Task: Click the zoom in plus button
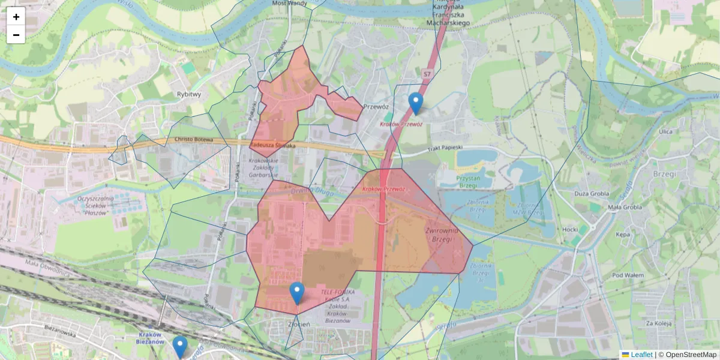pos(16,17)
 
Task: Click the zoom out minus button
pos(16,35)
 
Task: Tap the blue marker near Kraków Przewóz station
pos(415,103)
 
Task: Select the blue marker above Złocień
pos(296,293)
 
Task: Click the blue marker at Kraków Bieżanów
pos(180,347)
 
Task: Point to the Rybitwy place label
pos(189,94)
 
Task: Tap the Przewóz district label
pos(377,107)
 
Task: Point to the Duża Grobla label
pos(592,194)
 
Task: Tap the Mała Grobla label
pos(625,208)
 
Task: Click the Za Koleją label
pos(658,323)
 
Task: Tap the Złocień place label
pos(298,324)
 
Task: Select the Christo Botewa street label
pos(194,140)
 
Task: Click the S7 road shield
pos(427,74)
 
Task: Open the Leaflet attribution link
pos(641,355)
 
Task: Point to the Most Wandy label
pos(290,3)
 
